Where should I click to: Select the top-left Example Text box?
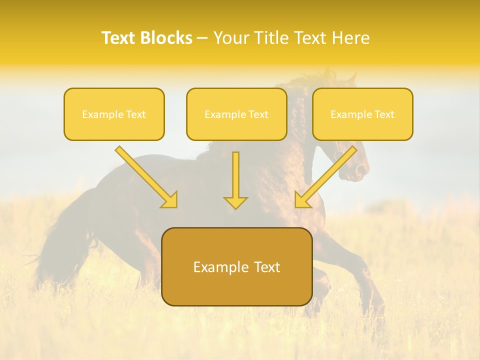click(114, 114)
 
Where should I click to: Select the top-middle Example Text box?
click(236, 114)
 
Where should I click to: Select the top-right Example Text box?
click(362, 114)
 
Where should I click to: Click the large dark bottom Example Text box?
click(236, 266)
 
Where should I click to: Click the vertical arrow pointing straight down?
click(235, 180)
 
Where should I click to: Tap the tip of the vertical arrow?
click(235, 207)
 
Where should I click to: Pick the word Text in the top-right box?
click(384, 114)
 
